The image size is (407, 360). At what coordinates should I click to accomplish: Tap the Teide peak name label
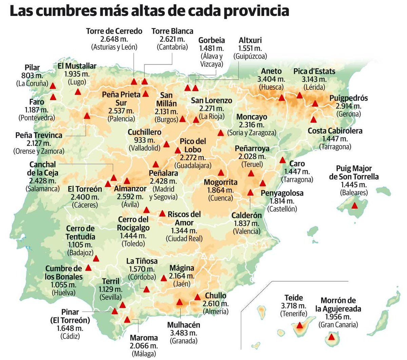[x=293, y=298]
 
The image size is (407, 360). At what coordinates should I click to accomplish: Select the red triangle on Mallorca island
[x=355, y=206]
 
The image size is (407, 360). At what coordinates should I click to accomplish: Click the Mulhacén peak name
[x=183, y=325]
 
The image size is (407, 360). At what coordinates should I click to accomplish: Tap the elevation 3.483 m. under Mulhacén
[x=183, y=333]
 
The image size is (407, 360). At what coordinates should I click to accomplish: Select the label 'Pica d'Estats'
[x=314, y=72]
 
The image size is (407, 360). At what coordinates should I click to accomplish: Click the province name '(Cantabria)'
[x=172, y=47]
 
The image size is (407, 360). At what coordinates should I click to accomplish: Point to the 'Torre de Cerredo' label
[x=114, y=31]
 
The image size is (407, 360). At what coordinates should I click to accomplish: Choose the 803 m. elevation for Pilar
[x=32, y=75]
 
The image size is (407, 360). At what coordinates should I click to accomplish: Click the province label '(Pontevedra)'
[x=37, y=118]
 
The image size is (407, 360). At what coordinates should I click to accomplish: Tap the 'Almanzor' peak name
[x=130, y=189]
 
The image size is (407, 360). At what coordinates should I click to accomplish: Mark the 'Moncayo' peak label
[x=252, y=117]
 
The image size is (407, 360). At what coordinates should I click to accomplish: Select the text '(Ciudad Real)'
[x=184, y=239]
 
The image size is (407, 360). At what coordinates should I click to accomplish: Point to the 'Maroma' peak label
[x=144, y=338]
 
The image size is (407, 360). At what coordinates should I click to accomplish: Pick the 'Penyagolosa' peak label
[x=282, y=193]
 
